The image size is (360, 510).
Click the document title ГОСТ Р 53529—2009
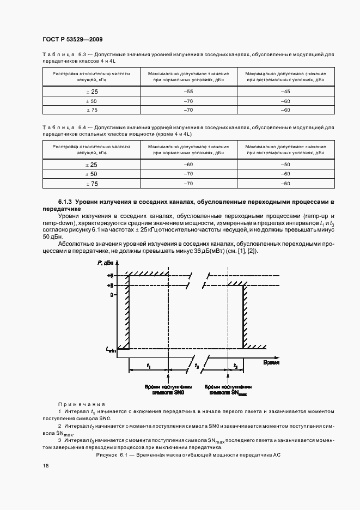(x=72, y=39)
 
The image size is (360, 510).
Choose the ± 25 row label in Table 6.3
(x=91, y=92)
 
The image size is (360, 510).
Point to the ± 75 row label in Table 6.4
(x=91, y=184)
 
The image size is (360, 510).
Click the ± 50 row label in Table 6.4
(x=91, y=174)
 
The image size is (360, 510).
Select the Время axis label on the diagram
(x=271, y=361)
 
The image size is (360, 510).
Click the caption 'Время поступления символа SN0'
(x=168, y=388)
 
